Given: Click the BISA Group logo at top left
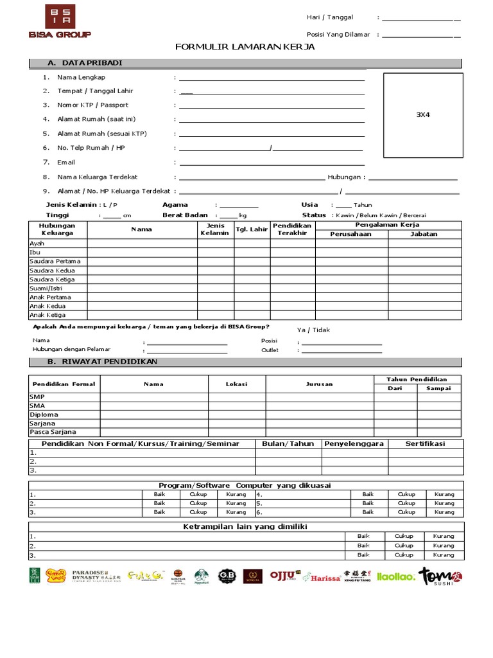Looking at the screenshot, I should [60, 21].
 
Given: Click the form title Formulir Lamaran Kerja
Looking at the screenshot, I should [245, 47].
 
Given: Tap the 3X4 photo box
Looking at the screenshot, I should [423, 114].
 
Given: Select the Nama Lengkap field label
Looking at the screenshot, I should [82, 77].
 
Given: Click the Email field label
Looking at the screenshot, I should [66, 163].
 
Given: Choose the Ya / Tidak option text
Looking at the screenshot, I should [314, 330].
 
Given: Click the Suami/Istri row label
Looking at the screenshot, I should [42, 289].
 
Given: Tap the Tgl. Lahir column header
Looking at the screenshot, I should [252, 229].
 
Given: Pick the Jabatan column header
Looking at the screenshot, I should [424, 234].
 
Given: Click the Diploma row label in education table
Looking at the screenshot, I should [44, 414].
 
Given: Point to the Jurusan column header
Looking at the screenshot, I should [320, 384].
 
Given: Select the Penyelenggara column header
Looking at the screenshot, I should [354, 443].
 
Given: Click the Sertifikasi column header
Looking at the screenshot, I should [425, 443].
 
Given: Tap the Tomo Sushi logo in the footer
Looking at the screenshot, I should [440, 576].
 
